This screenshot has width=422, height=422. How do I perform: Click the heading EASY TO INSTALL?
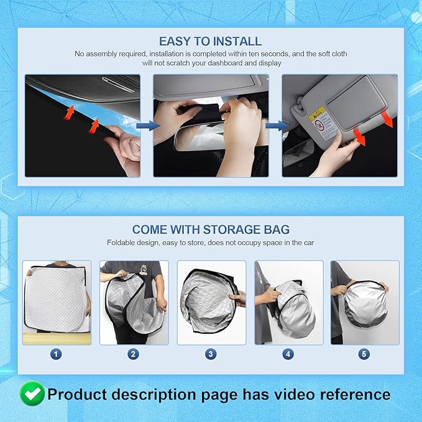[210, 42]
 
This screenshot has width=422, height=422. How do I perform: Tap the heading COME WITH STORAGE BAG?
[211, 229]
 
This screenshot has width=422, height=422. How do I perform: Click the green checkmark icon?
[32, 393]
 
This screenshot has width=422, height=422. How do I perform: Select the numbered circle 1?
[57, 354]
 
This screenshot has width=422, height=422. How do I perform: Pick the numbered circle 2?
[134, 354]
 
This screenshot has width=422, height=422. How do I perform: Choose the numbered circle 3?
[211, 354]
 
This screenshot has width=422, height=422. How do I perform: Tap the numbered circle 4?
[288, 354]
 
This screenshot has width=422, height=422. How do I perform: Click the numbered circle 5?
[364, 354]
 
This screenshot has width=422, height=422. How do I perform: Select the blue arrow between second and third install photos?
[275, 126]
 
